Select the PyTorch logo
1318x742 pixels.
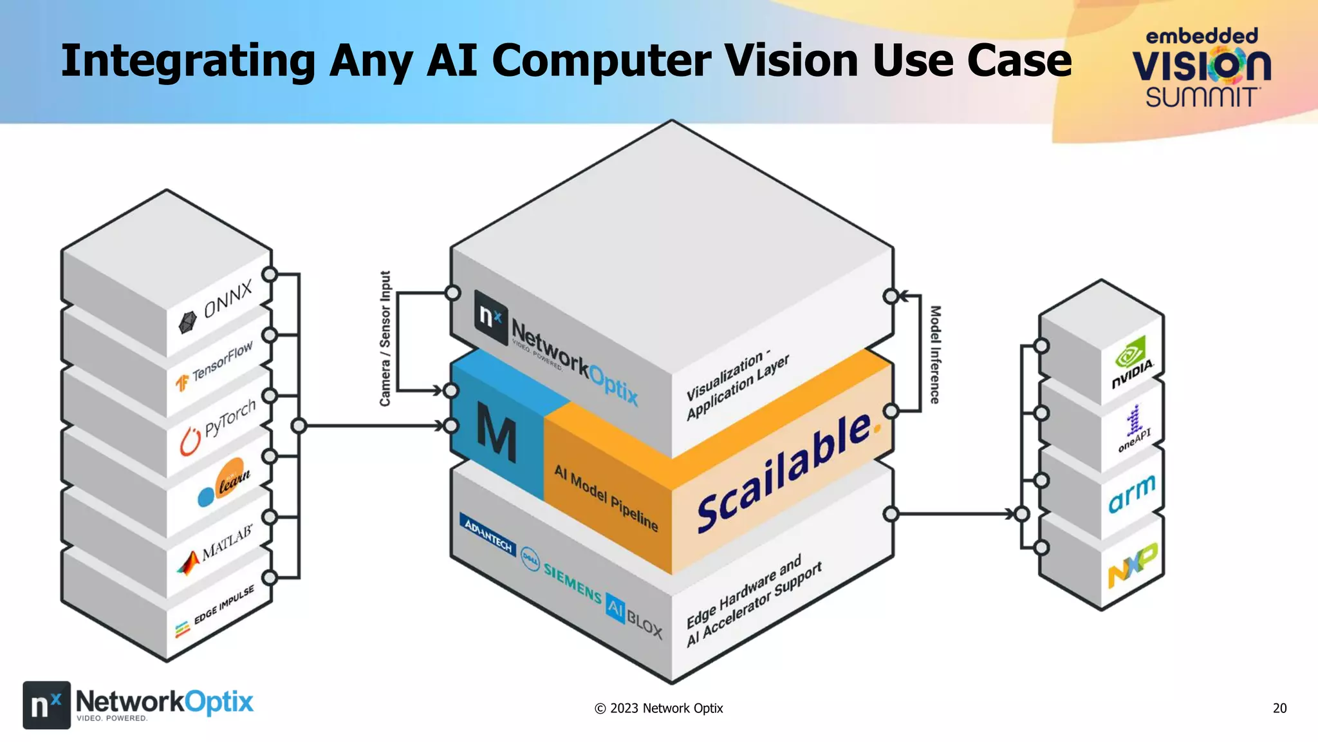coord(219,425)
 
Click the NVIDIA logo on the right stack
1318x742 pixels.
coord(1133,365)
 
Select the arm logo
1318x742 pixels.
coord(1132,494)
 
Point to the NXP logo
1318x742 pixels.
coord(1132,564)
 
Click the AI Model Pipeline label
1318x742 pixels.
coord(606,499)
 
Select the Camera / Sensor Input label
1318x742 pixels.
coord(385,339)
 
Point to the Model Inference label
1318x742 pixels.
coord(935,354)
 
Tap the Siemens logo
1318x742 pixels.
coord(572,582)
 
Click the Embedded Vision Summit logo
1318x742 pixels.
coord(1202,68)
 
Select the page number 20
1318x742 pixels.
coord(1279,708)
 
